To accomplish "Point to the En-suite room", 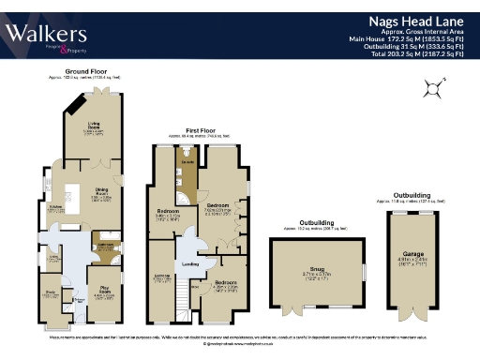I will pos(187,164).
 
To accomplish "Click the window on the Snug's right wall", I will pos(364,273).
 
